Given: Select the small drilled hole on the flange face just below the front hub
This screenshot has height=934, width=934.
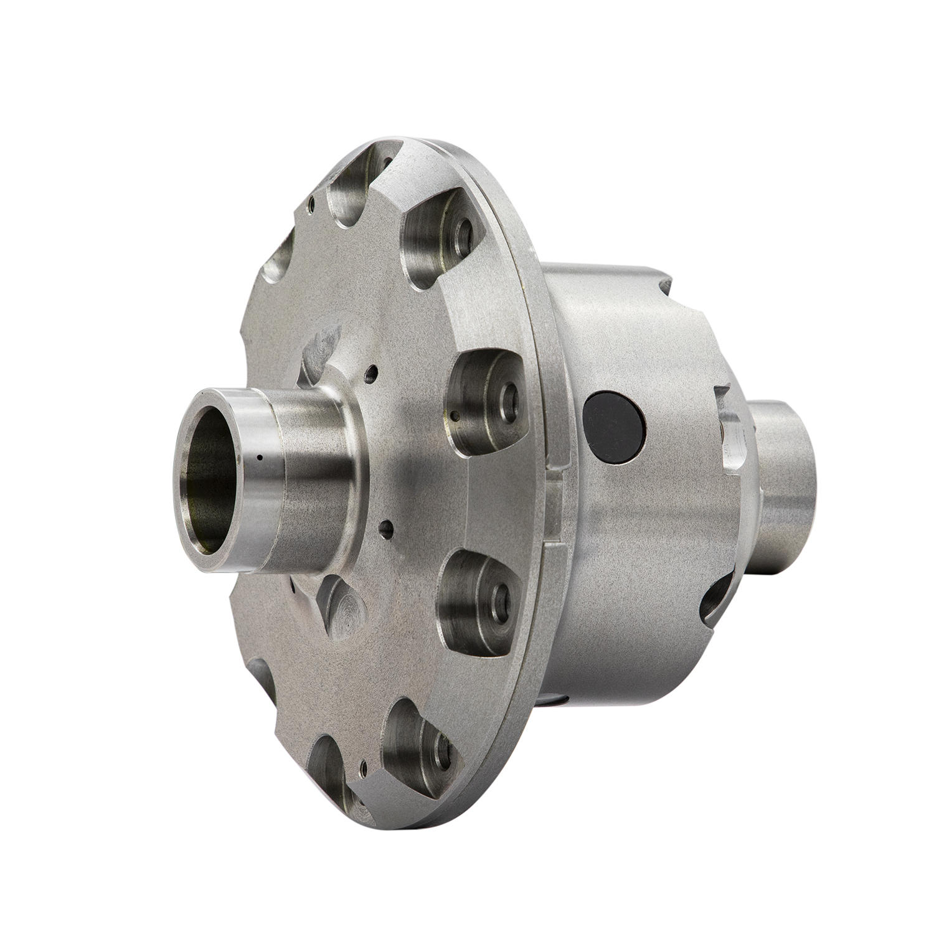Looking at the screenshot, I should (x=389, y=531).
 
